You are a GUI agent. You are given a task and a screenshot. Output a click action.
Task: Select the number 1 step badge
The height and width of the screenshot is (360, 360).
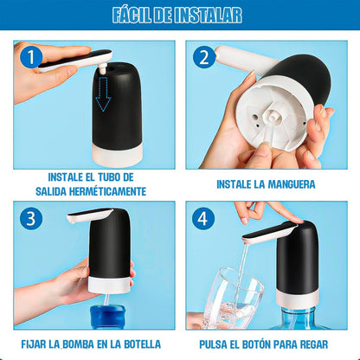(31, 57)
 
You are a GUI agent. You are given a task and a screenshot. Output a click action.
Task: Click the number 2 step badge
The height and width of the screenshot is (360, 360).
(203, 57)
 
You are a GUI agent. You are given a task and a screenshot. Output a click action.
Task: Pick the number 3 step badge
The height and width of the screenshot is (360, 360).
(31, 218)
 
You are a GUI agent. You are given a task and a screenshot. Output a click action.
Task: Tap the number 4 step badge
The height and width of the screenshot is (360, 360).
(203, 218)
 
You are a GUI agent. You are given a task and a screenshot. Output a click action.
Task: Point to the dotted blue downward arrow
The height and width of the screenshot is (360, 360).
(103, 94)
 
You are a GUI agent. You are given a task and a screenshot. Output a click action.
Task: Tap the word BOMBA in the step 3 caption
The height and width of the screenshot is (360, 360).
(78, 344)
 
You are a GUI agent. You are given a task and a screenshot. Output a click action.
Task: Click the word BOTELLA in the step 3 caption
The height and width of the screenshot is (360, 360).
(143, 344)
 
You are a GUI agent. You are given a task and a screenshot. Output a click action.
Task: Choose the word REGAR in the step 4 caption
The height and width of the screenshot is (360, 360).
(314, 344)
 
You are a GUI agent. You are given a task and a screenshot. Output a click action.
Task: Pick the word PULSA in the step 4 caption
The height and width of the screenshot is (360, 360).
(213, 344)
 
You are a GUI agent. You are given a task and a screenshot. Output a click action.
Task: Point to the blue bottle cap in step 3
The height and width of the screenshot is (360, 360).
(107, 318)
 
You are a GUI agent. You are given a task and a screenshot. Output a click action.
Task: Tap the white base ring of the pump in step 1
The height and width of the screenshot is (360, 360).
(118, 155)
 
